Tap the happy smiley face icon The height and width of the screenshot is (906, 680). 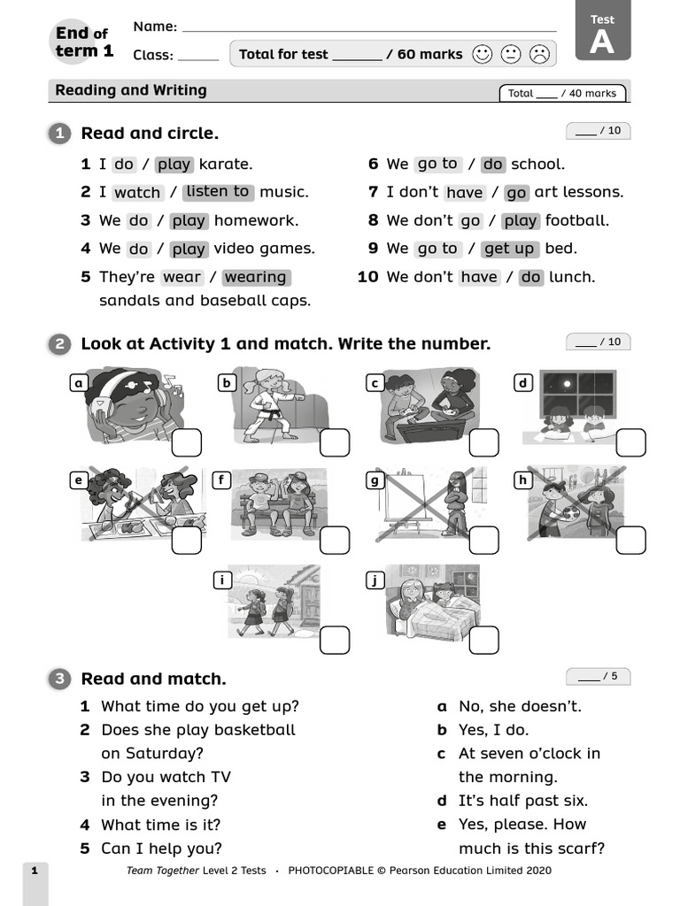tap(482, 54)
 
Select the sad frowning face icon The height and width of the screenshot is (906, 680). tap(538, 54)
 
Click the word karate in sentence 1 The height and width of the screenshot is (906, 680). tap(226, 164)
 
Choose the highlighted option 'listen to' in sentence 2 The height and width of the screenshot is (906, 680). tap(218, 192)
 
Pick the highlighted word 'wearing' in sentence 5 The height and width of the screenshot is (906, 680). tap(256, 277)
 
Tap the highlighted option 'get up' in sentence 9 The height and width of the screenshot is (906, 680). tap(509, 249)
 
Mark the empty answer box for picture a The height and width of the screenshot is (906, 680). tap(186, 442)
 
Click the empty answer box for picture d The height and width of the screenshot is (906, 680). tap(630, 442)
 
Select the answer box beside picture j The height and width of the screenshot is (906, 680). tap(483, 640)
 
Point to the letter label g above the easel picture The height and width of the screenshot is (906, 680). tap(375, 480)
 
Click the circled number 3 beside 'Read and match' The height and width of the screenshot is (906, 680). tap(59, 679)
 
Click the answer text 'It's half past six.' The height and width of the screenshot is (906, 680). tap(522, 801)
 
